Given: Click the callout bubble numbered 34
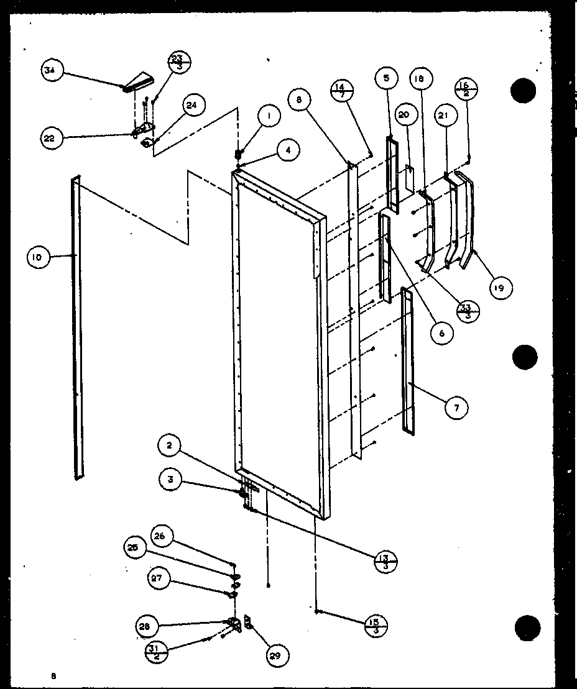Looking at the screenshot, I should [x=49, y=71].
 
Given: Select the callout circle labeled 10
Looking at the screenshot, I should [x=38, y=257].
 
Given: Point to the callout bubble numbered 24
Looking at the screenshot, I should [x=192, y=106].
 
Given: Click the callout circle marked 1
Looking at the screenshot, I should [x=270, y=116].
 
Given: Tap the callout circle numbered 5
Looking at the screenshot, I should [x=386, y=79].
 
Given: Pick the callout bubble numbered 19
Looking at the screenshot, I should [x=501, y=287].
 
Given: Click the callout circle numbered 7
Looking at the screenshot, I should [x=457, y=408].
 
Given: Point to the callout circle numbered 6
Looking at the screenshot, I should [x=442, y=332].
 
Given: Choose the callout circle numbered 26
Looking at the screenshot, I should [x=159, y=537].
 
